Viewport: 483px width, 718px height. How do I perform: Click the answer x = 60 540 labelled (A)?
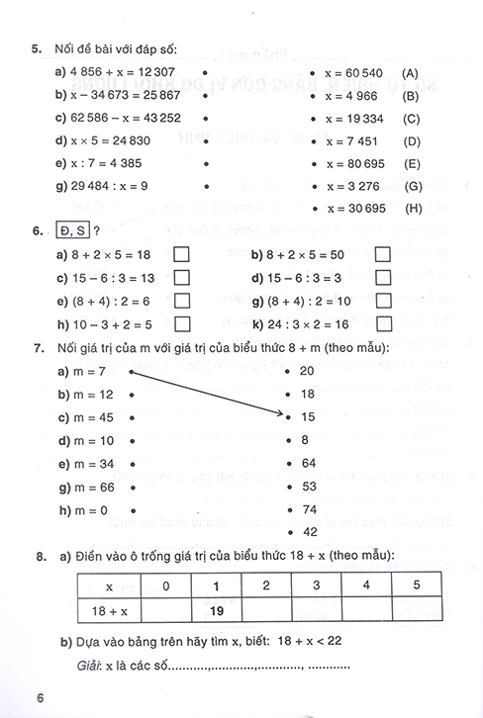(353, 72)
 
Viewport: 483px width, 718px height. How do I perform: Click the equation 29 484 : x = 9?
(95, 185)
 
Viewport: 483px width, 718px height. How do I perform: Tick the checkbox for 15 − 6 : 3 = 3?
(383, 278)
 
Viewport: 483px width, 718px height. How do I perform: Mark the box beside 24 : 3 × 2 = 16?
(383, 323)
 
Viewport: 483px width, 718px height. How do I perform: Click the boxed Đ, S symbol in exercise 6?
(74, 231)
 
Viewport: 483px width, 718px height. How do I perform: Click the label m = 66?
(87, 486)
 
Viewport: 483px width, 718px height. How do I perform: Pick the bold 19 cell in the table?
(218, 610)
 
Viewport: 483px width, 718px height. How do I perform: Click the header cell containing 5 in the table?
(415, 585)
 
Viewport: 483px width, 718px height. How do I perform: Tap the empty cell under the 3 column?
(316, 610)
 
